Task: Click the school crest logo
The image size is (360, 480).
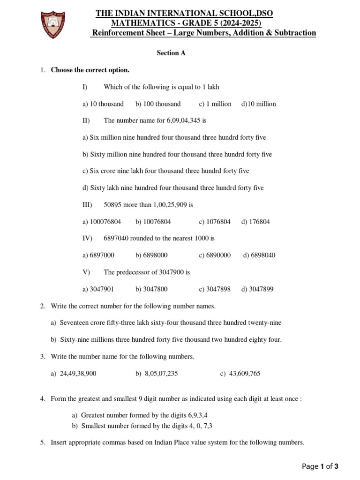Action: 52,24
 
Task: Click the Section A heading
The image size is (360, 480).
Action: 171,53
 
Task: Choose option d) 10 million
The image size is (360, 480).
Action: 258,104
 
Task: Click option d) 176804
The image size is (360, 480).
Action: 255,222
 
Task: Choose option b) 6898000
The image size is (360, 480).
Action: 151,255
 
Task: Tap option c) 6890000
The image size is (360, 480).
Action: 215,255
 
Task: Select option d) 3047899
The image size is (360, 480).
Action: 257,289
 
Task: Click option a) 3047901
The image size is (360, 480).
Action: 98,289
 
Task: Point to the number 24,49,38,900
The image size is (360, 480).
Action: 78,374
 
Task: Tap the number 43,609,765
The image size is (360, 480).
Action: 245,374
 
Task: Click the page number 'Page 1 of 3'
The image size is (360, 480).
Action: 320,466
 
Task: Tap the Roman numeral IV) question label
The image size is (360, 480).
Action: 88,239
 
